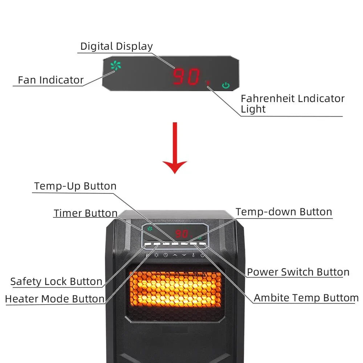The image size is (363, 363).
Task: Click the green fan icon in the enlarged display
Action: (x=116, y=66)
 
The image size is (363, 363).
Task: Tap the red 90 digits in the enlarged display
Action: (x=186, y=77)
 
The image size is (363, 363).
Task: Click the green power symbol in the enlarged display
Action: (x=226, y=86)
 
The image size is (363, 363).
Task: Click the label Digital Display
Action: (x=117, y=46)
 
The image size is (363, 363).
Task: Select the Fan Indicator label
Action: (x=51, y=80)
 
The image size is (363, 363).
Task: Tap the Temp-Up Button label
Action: (x=75, y=186)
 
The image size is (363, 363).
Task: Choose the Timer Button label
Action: (x=86, y=213)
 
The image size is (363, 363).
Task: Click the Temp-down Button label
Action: (x=284, y=212)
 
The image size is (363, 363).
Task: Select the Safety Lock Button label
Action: (x=56, y=281)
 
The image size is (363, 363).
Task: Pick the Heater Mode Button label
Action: (x=55, y=299)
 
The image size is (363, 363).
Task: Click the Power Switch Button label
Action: (x=298, y=272)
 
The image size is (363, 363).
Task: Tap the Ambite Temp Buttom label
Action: (x=306, y=298)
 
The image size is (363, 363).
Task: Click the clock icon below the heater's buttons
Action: (x=166, y=255)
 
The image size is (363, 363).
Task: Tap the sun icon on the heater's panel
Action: (x=156, y=255)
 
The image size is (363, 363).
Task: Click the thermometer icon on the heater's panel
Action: (x=193, y=255)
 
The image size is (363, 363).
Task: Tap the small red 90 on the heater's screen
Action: (x=181, y=234)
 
